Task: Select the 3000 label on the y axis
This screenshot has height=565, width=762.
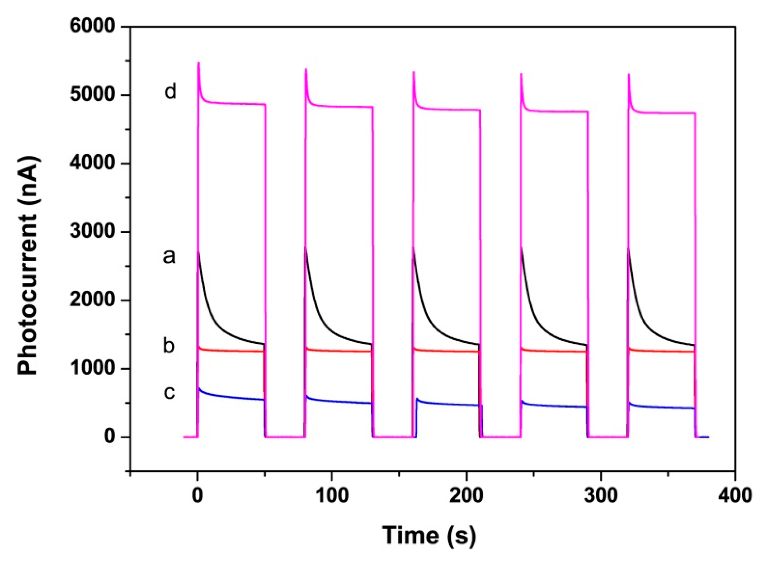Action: click(92, 232)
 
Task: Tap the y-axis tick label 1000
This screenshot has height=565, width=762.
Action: click(92, 369)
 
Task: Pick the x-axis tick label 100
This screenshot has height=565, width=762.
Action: click(332, 495)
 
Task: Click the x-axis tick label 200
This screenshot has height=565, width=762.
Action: click(466, 495)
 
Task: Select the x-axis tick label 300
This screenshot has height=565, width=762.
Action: click(601, 495)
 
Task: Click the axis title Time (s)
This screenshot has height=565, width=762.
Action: click(429, 535)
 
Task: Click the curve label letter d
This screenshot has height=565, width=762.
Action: click(170, 92)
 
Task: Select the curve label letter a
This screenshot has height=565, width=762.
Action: click(169, 256)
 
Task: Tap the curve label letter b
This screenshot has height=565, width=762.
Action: click(169, 345)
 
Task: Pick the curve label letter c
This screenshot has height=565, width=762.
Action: click(169, 392)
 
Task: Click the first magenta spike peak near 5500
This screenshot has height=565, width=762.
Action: click(199, 64)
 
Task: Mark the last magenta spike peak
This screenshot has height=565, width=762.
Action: click(629, 75)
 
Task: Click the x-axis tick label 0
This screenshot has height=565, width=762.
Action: click(197, 495)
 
